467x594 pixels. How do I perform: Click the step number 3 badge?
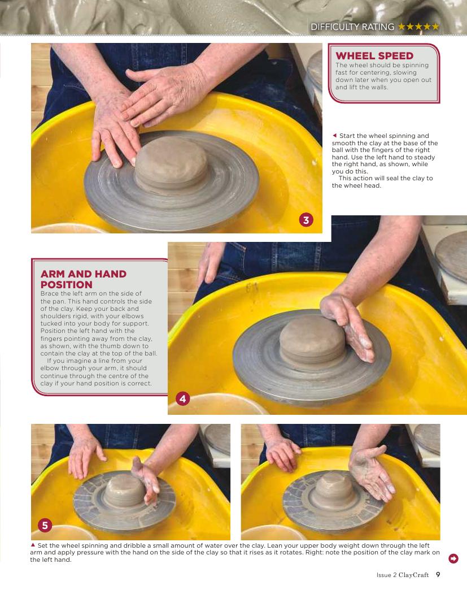point(306,220)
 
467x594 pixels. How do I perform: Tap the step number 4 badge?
point(183,398)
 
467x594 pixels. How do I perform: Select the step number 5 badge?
point(45,525)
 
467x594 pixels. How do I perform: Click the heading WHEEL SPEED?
point(374,56)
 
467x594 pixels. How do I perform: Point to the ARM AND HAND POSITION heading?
point(83,279)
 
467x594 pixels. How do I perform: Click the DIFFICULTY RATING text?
point(352,27)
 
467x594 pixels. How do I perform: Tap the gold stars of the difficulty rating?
point(418,27)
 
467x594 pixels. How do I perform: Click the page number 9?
point(438,575)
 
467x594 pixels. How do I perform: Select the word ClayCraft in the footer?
point(413,575)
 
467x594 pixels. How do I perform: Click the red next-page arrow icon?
point(453,558)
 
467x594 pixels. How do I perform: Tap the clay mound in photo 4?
point(312,339)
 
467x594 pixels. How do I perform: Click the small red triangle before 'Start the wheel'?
point(334,135)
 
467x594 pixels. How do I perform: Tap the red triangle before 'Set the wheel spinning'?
point(33,545)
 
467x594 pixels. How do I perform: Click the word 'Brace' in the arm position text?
point(50,293)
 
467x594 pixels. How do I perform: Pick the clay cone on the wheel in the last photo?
point(334,485)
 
